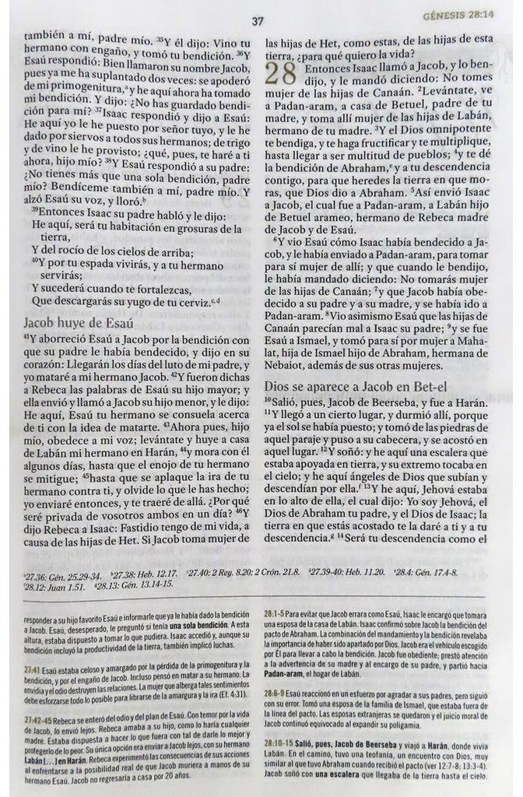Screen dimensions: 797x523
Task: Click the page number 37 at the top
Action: pyautogui.click(x=258, y=22)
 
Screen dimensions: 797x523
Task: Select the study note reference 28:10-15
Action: pyautogui.click(x=282, y=743)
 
